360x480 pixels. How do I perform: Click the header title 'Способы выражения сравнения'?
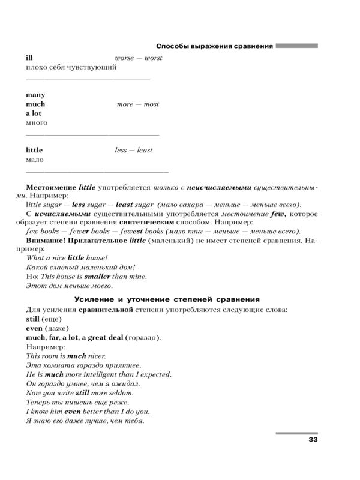coord(214,46)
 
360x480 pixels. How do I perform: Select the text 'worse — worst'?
coord(138,58)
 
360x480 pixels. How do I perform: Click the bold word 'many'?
coord(35,95)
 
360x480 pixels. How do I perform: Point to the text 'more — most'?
coord(138,104)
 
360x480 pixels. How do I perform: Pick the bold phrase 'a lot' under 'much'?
coord(35,113)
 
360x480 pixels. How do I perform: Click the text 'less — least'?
coord(133,150)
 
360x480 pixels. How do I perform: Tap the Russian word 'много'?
coord(37,122)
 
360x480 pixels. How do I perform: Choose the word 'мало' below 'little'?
coord(35,160)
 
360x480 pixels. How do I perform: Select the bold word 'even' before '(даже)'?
coord(35,328)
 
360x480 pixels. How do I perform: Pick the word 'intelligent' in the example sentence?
coord(104,374)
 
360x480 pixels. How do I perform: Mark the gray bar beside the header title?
coord(296,46)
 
